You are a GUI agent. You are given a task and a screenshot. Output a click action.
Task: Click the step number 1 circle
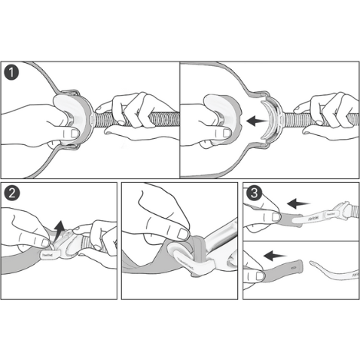(11, 74)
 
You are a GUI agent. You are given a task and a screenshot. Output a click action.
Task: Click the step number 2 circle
(11, 191)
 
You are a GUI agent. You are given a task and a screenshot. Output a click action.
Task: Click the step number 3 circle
(253, 191)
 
